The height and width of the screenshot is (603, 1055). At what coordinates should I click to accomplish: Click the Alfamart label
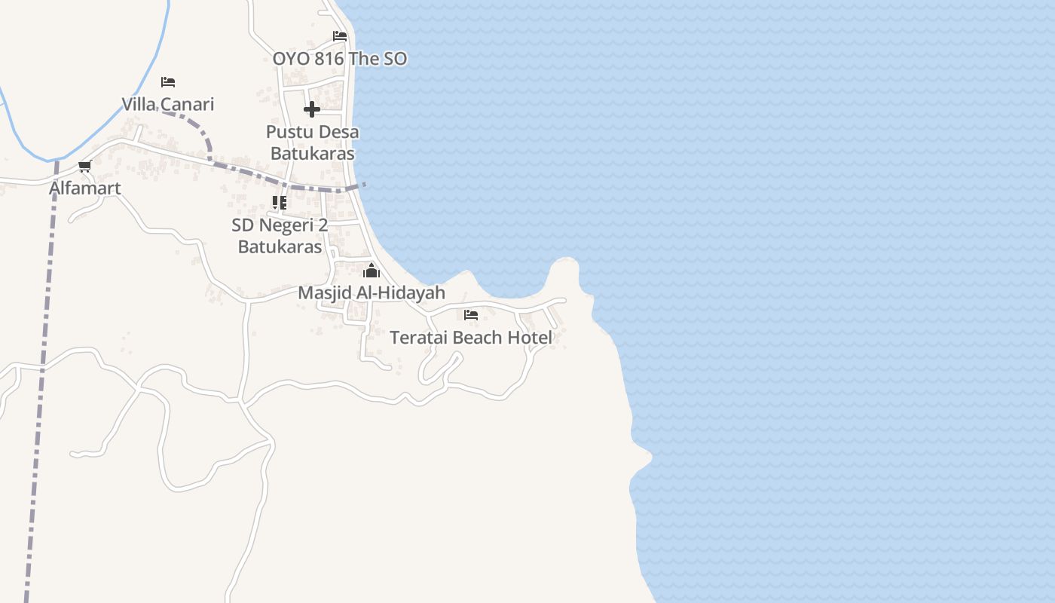coord(85,188)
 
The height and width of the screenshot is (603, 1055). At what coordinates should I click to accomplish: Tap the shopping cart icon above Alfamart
coord(84,167)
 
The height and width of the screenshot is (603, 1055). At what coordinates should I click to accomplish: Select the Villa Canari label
coord(168,104)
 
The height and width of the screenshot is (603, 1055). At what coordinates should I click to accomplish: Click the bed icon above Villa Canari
coord(168,82)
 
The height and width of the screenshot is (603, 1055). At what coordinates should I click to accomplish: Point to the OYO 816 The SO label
coord(340,59)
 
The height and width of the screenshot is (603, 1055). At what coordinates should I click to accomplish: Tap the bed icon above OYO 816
coord(340,36)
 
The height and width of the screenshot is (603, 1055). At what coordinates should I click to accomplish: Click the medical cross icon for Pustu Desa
coord(312,110)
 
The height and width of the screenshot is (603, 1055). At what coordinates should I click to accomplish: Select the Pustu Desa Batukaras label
coord(313,142)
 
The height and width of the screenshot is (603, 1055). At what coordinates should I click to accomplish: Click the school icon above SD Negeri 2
coord(280,203)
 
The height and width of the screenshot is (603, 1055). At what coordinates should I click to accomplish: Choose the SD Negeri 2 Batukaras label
coord(280,235)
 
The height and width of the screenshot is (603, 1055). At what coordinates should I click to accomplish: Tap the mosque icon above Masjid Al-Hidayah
coord(371,271)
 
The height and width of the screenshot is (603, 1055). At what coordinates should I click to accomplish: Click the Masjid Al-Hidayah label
coord(372,292)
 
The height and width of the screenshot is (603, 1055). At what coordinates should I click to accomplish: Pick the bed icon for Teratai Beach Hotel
coord(471,315)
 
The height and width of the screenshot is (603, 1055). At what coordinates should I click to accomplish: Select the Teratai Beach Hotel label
coord(471,337)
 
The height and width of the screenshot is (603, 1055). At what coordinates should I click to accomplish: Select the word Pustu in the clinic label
coord(286,132)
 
